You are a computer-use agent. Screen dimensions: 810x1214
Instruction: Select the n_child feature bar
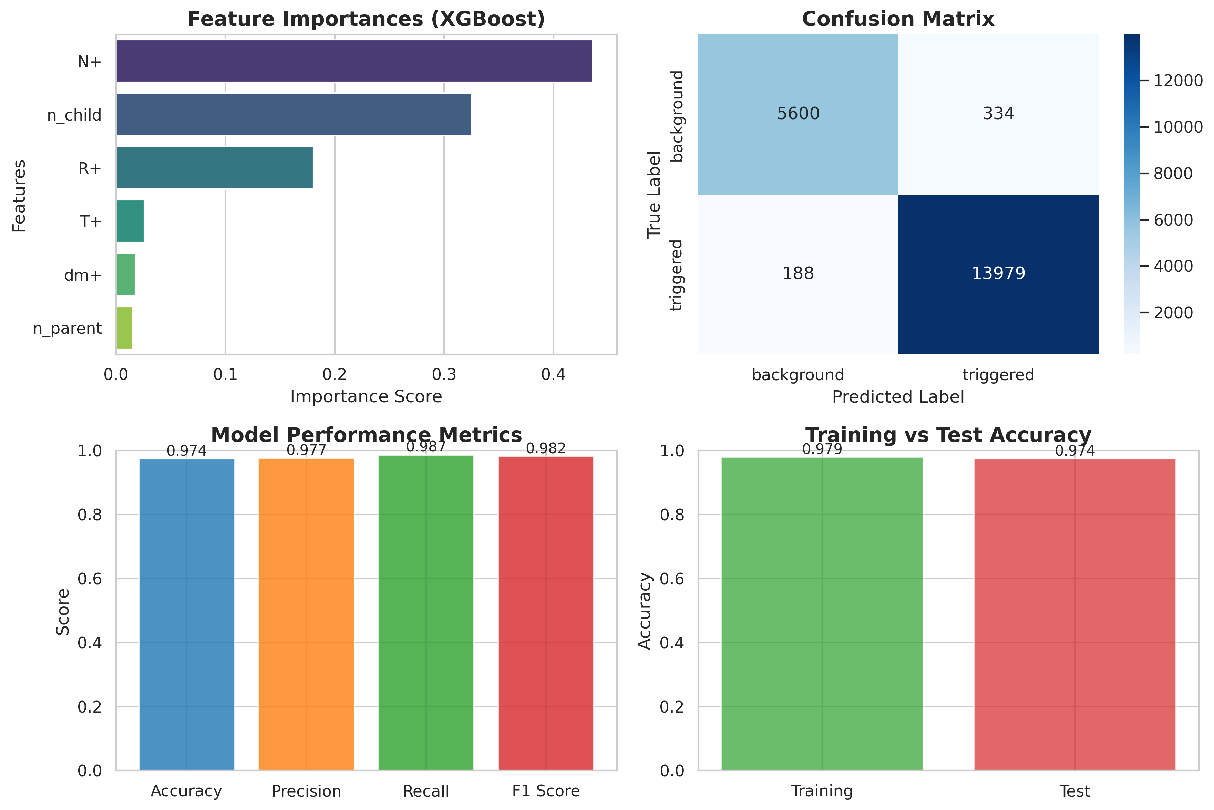[x=294, y=114]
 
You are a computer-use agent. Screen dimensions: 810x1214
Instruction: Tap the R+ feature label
[x=90, y=168]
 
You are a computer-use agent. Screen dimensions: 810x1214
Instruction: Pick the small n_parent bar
[x=124, y=328]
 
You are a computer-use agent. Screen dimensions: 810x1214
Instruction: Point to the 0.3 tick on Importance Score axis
[x=444, y=374]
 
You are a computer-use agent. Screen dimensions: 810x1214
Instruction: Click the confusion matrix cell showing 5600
[x=798, y=114]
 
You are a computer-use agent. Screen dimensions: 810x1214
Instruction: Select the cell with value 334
[x=998, y=114]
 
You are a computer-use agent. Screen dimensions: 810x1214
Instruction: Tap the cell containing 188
[x=798, y=273]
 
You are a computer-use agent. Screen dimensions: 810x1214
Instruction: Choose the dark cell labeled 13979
[x=998, y=273]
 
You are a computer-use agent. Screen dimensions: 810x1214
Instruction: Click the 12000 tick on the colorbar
[x=1178, y=81]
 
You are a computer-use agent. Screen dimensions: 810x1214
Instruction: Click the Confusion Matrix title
[x=898, y=19]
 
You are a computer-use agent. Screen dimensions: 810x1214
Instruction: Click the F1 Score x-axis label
[x=546, y=791]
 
